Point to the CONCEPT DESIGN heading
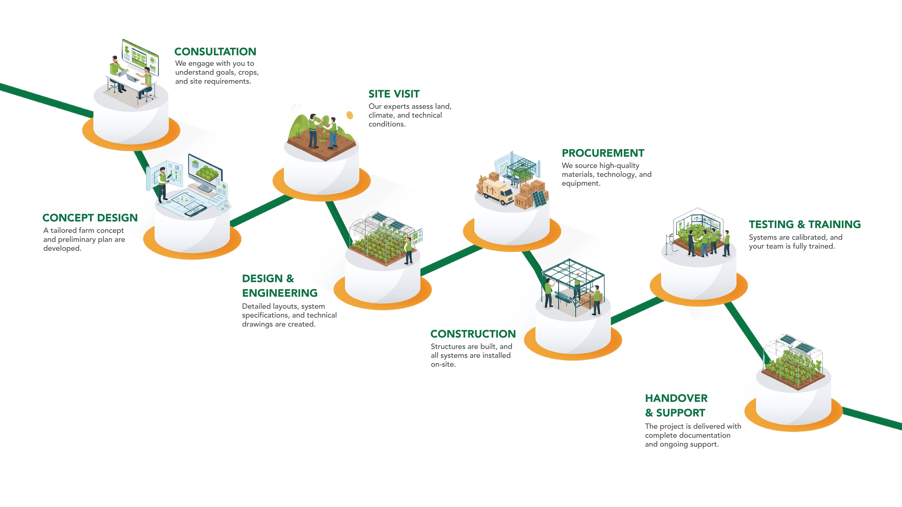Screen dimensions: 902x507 pyautogui.click(x=90, y=218)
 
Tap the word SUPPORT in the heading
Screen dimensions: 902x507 pyautogui.click(x=680, y=413)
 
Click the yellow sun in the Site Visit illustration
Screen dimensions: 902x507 pyautogui.click(x=350, y=115)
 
